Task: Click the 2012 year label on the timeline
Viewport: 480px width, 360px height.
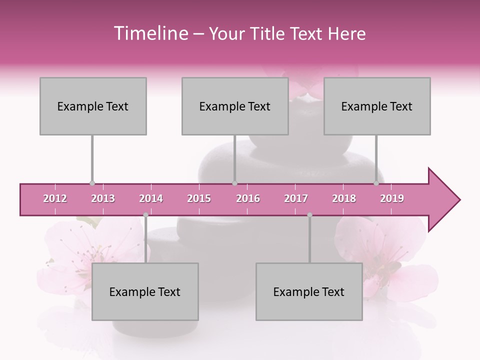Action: coord(55,198)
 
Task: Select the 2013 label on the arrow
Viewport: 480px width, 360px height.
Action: coord(103,198)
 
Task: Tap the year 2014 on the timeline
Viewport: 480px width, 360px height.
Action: coord(151,198)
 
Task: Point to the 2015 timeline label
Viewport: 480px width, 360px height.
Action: coord(199,198)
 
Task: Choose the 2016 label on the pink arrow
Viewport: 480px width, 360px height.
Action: coord(248,198)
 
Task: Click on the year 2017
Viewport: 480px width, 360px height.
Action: coord(296,198)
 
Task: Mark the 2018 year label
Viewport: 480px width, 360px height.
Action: coord(344,198)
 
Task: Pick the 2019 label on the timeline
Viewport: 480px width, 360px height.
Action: coord(392,198)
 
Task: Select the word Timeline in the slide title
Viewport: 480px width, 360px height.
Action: coord(149,33)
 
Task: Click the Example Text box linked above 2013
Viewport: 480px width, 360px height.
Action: coord(93,106)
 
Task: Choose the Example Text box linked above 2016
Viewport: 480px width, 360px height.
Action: coord(235,106)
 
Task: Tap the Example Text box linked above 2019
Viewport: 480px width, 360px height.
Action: coord(377,106)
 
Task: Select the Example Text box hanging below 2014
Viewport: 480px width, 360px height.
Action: coord(145,291)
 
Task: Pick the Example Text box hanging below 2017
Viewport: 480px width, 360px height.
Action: coord(309,291)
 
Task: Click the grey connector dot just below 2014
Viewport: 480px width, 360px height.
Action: coord(145,215)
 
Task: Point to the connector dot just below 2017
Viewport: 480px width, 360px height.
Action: coord(309,215)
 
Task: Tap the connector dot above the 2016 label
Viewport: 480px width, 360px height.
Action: coord(235,183)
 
